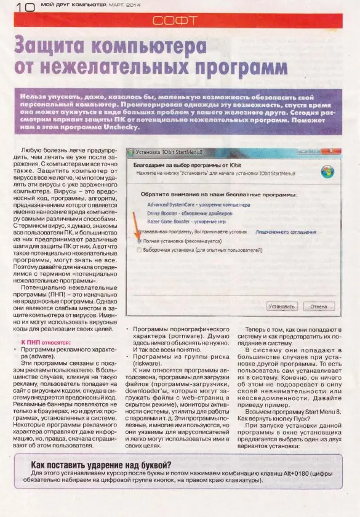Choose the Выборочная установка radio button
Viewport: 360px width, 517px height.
coord(139,250)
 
